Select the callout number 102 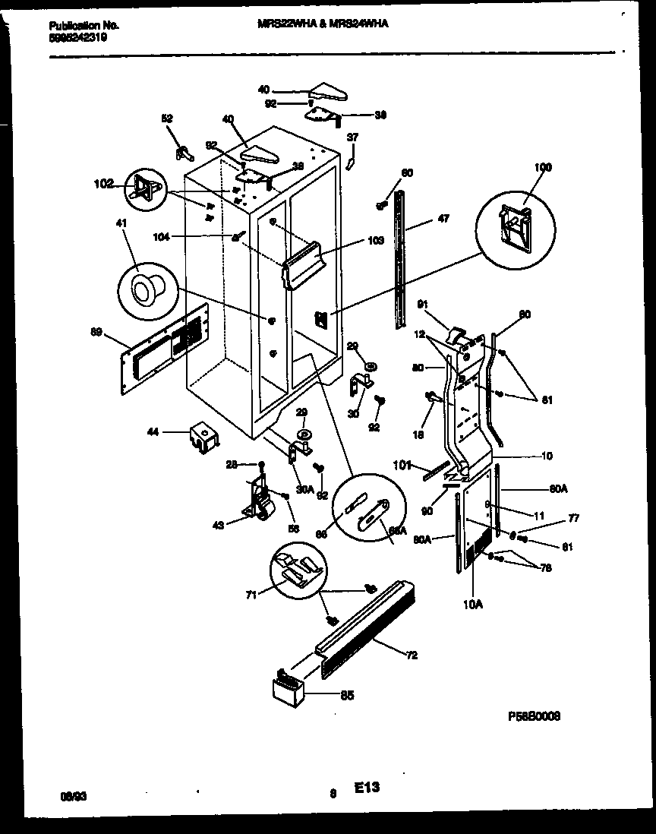pyautogui.click(x=103, y=183)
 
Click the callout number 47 pyautogui.click(x=443, y=219)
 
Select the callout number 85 pyautogui.click(x=347, y=693)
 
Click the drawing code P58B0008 pyautogui.click(x=535, y=716)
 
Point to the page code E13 pyautogui.click(x=366, y=788)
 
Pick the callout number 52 pyautogui.click(x=167, y=118)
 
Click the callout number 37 pyautogui.click(x=352, y=137)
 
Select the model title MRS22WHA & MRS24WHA pyautogui.click(x=323, y=24)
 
